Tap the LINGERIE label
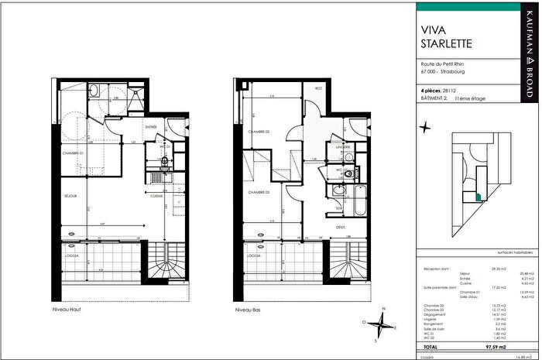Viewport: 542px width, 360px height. [x=342, y=146]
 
